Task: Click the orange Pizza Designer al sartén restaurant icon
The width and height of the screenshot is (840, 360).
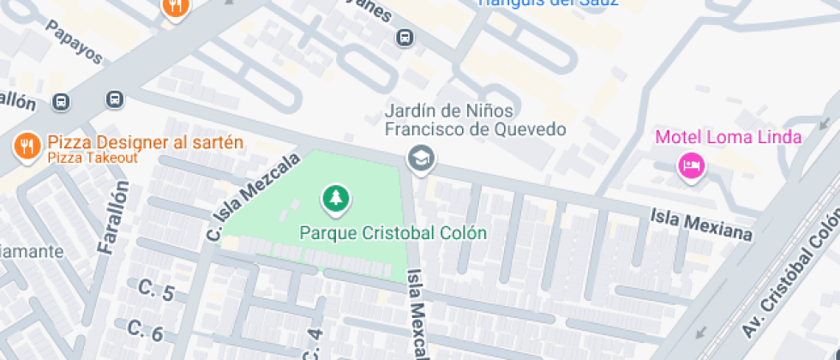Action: tap(27, 147)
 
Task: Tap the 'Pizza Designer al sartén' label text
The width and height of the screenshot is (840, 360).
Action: tap(146, 142)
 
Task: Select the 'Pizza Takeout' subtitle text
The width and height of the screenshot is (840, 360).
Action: tap(93, 158)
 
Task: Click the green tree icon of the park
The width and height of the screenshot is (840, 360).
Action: tap(336, 200)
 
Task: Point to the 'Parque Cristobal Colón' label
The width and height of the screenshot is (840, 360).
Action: tap(393, 232)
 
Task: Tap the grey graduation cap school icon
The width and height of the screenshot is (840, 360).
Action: tap(420, 159)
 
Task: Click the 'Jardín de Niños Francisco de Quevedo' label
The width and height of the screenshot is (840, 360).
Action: tap(475, 120)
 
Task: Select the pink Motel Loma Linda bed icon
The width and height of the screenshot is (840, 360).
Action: tap(691, 165)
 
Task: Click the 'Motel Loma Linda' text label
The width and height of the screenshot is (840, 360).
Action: tap(729, 137)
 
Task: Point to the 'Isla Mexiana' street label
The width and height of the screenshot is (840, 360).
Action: tap(700, 225)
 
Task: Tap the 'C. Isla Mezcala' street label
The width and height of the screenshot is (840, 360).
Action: tap(254, 195)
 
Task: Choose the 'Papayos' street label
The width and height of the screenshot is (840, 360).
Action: tap(75, 44)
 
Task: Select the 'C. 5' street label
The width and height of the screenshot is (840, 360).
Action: tap(156, 291)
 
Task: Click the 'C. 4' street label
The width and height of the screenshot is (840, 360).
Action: tap(313, 345)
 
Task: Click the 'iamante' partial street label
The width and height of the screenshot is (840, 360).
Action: tap(32, 252)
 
